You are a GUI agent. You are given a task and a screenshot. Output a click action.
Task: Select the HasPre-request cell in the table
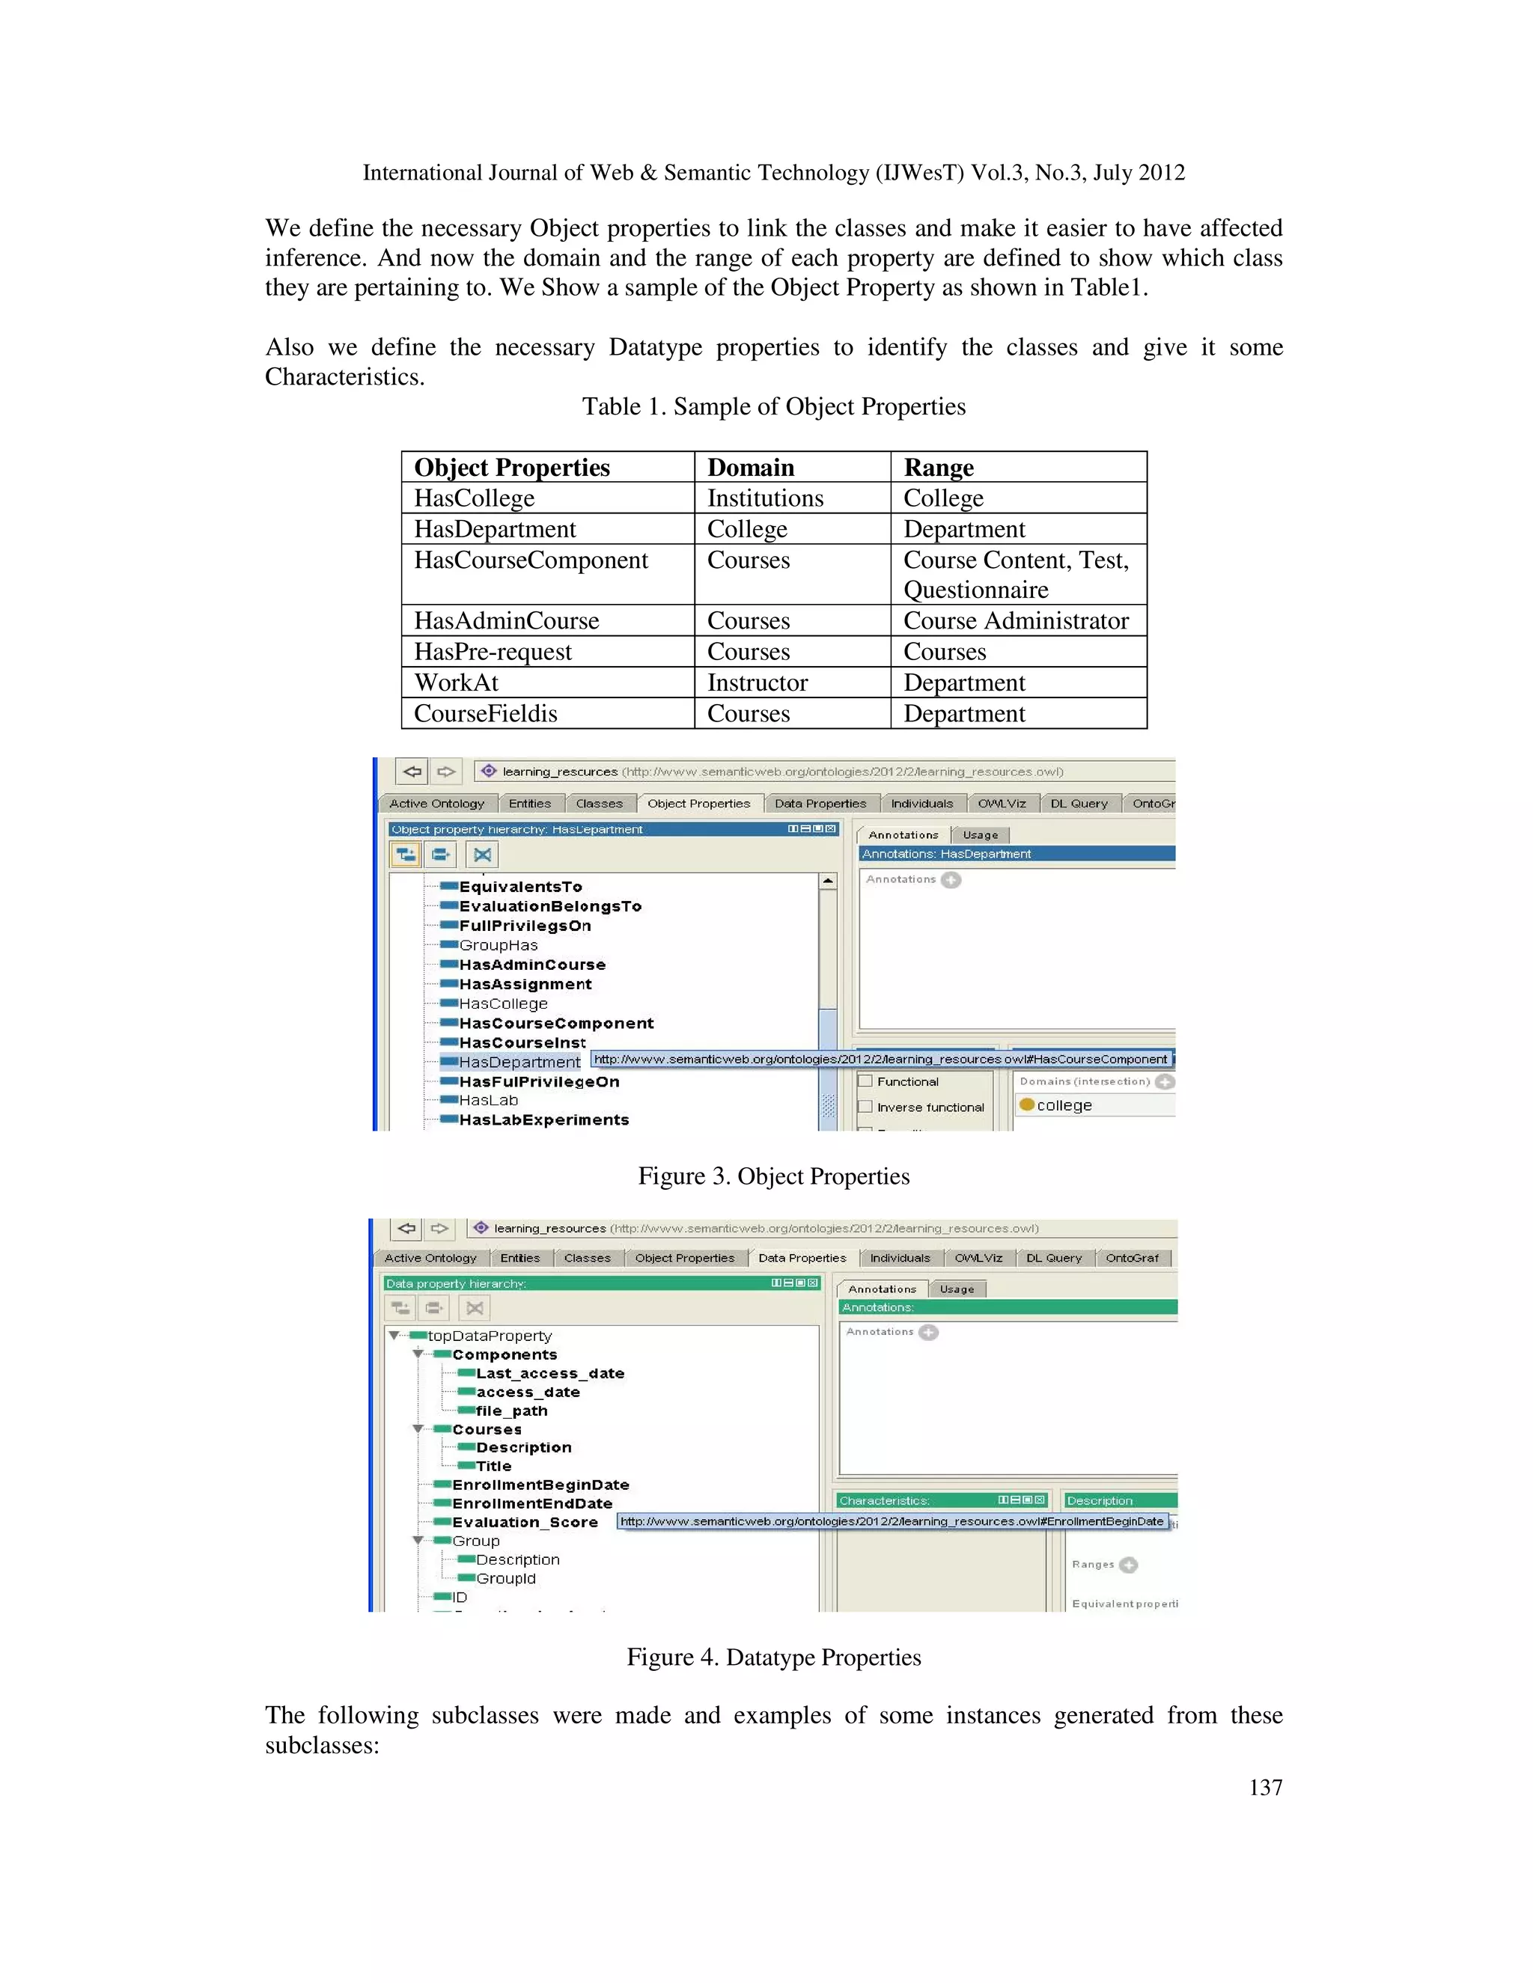coord(493,652)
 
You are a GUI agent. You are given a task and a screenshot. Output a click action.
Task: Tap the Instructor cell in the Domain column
coord(757,682)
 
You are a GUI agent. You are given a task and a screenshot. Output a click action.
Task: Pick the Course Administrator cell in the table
coord(1015,621)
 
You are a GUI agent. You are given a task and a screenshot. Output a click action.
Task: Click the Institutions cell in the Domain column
coord(765,498)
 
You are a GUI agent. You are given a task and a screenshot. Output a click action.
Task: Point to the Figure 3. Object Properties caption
coord(772,1177)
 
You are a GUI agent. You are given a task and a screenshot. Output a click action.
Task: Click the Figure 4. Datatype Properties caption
coord(772,1658)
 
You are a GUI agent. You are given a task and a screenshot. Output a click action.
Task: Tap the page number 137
coord(1265,1788)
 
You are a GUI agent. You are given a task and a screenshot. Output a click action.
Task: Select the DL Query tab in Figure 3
coord(1078,804)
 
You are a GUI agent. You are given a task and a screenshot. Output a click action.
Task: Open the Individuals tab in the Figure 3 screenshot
coord(921,804)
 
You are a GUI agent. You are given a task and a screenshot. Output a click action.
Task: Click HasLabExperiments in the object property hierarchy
coord(543,1119)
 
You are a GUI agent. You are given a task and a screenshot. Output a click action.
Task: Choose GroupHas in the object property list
coord(498,945)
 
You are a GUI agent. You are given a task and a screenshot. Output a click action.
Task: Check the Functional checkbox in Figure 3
coord(865,1081)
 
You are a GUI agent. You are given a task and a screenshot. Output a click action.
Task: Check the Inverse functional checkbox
coord(865,1107)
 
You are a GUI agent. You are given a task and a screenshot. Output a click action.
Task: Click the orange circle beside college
coord(1027,1105)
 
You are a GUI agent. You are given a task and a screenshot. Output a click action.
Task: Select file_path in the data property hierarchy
coord(511,1411)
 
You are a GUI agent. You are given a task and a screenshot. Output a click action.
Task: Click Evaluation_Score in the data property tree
coord(524,1523)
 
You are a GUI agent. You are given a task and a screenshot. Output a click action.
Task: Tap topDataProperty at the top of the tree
coord(489,1336)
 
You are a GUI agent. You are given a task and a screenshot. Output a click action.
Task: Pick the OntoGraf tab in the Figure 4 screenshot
coord(1132,1259)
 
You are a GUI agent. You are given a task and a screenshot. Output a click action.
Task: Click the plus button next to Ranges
coord(1128,1565)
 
